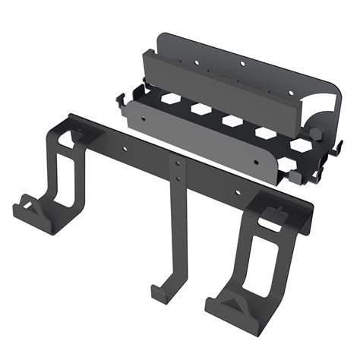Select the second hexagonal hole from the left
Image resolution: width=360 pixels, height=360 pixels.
[x=201, y=109]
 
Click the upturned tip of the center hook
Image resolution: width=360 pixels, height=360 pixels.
[x=156, y=291]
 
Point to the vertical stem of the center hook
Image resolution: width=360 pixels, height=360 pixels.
[x=176, y=235]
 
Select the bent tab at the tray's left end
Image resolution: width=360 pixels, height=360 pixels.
[x=122, y=99]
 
